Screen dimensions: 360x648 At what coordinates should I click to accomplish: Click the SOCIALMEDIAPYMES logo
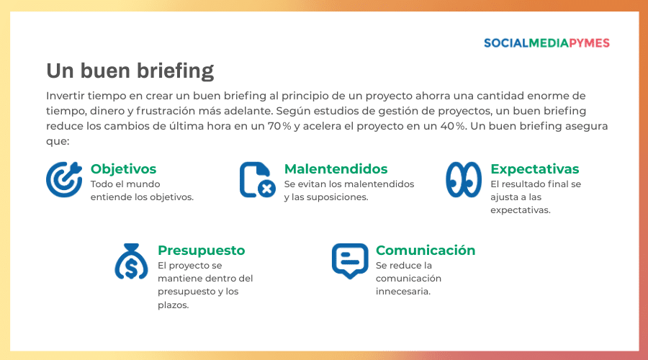(546, 43)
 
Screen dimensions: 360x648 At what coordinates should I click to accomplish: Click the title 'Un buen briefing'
(130, 71)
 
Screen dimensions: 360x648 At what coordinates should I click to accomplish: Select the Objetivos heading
(123, 169)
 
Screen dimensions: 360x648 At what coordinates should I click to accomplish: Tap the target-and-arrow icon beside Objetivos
(64, 179)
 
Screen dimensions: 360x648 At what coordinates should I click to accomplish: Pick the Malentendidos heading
(336, 169)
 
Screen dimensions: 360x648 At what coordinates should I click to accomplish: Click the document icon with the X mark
(257, 180)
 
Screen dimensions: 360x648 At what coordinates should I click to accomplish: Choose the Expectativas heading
(534, 169)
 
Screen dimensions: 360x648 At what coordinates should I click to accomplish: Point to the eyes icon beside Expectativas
(464, 179)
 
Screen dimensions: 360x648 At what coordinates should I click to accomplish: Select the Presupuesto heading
(201, 251)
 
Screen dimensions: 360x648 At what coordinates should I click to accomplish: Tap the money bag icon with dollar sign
(131, 261)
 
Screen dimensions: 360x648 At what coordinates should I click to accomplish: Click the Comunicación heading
(425, 251)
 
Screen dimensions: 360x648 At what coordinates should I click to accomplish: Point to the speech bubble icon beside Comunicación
(349, 261)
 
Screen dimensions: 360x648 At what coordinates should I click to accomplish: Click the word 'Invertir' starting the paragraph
(67, 96)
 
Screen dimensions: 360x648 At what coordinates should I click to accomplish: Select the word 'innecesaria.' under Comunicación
(403, 292)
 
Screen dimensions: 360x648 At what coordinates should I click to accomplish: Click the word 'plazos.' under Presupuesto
(173, 305)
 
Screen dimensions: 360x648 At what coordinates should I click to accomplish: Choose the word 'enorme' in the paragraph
(550, 96)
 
